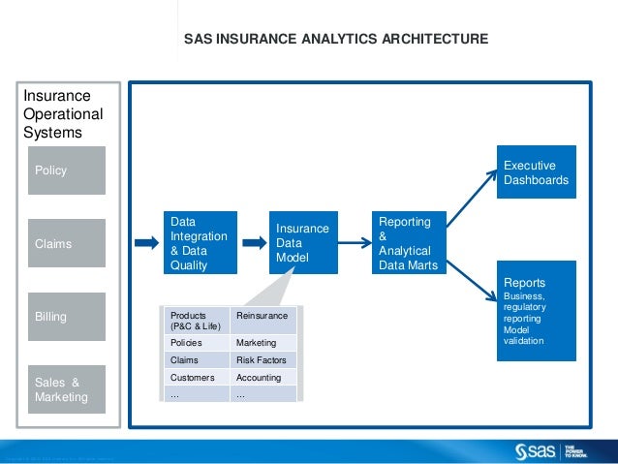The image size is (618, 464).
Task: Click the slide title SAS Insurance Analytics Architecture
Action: pos(336,40)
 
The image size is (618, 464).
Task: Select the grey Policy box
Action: pos(67,170)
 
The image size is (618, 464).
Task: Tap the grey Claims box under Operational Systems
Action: pos(67,244)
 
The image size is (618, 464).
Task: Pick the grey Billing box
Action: pos(67,317)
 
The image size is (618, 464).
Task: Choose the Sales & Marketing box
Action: pos(67,389)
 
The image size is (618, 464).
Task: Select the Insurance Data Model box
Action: pos(303,242)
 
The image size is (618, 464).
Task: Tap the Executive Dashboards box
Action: pos(537,172)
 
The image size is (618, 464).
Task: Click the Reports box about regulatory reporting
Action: pos(537,311)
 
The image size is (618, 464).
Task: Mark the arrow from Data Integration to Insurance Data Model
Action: pos(251,243)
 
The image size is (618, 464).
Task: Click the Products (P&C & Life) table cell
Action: pos(198,321)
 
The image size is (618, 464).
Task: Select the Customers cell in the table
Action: pos(198,377)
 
